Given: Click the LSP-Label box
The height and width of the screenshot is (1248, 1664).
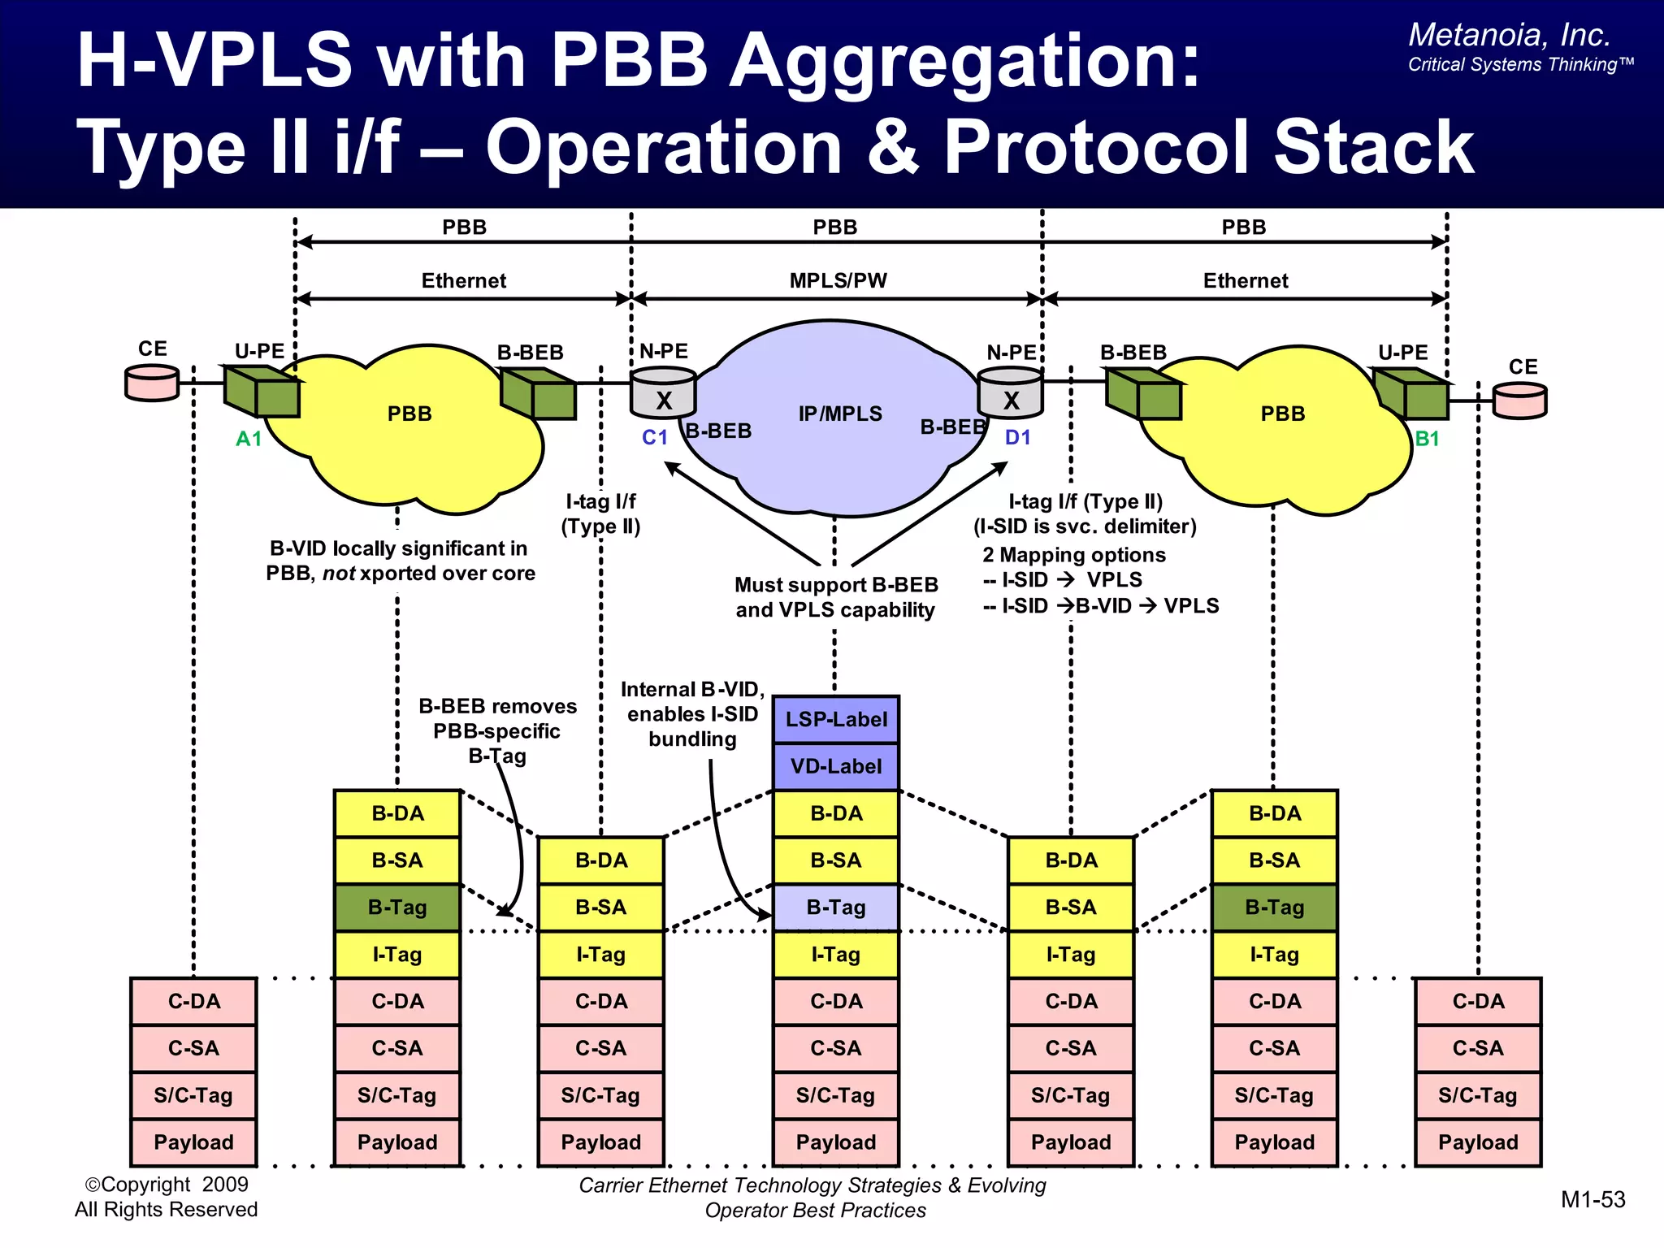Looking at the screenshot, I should (x=835, y=719).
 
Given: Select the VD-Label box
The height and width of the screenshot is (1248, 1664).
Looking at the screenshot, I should (x=835, y=766).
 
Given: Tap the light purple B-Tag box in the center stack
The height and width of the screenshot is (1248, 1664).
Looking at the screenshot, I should (x=835, y=907).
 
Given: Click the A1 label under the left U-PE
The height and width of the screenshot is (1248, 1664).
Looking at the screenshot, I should (x=249, y=439).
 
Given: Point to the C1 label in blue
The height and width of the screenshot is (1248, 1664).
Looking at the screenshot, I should (x=654, y=437).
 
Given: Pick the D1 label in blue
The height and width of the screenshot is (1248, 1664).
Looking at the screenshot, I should (x=1017, y=437).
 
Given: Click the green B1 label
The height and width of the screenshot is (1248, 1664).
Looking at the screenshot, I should (x=1427, y=439).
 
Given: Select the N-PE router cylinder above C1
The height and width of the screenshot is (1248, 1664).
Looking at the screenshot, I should (x=664, y=392).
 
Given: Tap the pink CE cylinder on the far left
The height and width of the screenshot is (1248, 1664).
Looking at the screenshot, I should (x=152, y=383).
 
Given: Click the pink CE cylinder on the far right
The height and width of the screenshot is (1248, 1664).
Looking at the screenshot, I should (x=1519, y=400).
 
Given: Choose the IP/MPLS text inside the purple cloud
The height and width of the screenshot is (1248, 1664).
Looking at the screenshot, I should (x=840, y=414).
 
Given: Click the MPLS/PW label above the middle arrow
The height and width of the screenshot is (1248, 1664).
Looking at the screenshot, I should (x=838, y=280).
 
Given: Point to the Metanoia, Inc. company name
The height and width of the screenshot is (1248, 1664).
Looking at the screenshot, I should (x=1509, y=35).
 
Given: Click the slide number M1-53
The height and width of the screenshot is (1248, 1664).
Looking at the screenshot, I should (x=1592, y=1199).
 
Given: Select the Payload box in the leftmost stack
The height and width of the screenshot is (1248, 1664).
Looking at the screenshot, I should (x=193, y=1142).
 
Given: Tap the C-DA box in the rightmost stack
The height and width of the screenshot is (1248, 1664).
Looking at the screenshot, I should (x=1478, y=1001).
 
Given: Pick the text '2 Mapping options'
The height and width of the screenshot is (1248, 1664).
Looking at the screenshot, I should (x=1073, y=555).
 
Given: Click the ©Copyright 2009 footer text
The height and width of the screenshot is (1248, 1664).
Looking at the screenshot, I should (x=167, y=1184).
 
